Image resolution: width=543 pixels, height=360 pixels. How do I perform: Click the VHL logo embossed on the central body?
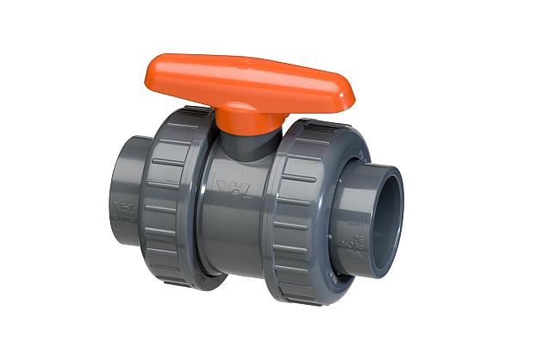coord(234,188)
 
